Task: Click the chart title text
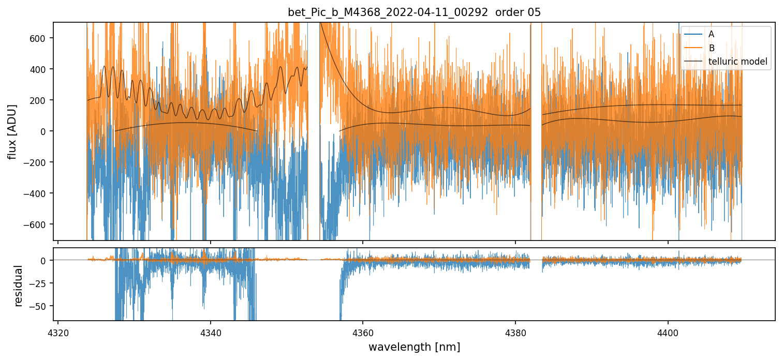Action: click(414, 12)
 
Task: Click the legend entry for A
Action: click(712, 34)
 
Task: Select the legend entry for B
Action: click(712, 48)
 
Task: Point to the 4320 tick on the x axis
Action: click(58, 332)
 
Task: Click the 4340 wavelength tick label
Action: click(211, 332)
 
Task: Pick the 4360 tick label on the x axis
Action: click(363, 332)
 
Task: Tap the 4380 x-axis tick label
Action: click(515, 332)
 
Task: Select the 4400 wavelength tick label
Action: click(668, 332)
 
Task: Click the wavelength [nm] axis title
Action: click(414, 347)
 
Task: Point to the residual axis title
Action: click(19, 286)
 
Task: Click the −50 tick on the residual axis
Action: click(41, 306)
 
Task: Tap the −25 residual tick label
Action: click(41, 283)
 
